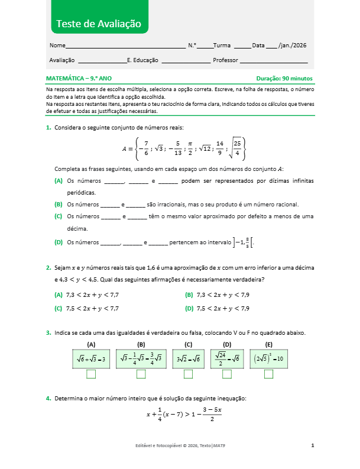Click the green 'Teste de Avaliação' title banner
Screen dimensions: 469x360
[x=98, y=24]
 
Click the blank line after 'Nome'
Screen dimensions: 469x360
[x=125, y=46]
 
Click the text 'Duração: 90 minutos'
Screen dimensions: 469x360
[x=284, y=78]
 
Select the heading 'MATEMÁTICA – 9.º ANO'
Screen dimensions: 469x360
[x=79, y=78]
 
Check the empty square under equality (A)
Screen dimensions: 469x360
[x=91, y=374]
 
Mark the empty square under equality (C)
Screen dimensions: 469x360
[x=188, y=374]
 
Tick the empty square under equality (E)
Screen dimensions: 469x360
[x=268, y=374]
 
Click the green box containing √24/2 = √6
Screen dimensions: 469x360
[x=227, y=358]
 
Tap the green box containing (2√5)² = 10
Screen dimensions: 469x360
[x=269, y=358]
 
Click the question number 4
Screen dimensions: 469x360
[x=48, y=399]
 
